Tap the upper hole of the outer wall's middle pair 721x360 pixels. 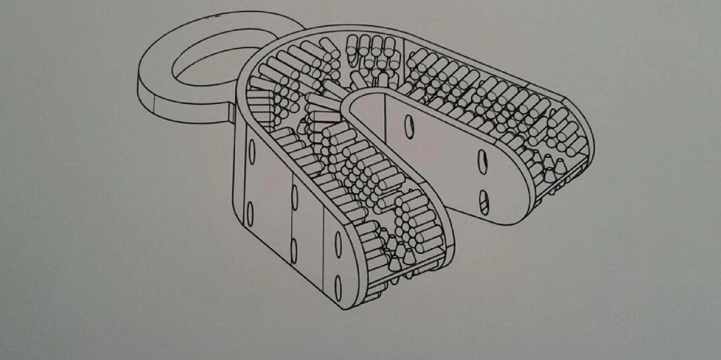[x=295, y=197]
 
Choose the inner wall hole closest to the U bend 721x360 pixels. [x=409, y=126]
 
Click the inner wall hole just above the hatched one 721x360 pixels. [x=482, y=161]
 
